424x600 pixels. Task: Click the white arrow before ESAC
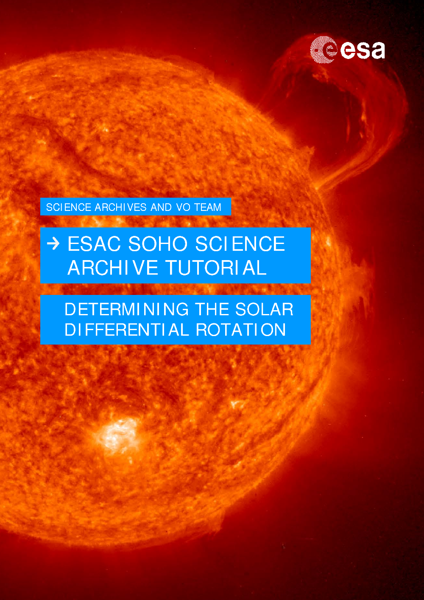tap(53, 244)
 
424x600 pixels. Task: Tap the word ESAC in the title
tap(94, 244)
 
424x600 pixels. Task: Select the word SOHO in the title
tap(158, 244)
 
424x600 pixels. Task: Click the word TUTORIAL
tap(216, 268)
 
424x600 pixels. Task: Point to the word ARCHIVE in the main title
tap(113, 268)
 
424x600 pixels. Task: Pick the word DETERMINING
tap(127, 309)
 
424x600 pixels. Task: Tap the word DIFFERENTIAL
tap(127, 329)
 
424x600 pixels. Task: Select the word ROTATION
tap(241, 329)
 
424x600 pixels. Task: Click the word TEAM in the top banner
tap(208, 207)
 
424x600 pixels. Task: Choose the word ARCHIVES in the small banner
tap(121, 207)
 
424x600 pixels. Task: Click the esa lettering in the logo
tap(363, 50)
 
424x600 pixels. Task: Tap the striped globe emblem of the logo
tap(324, 50)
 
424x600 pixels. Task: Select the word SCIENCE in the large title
tap(240, 244)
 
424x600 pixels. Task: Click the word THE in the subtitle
tap(212, 309)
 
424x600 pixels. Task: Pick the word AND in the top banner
tap(161, 207)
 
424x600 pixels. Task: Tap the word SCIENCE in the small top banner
tap(69, 207)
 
